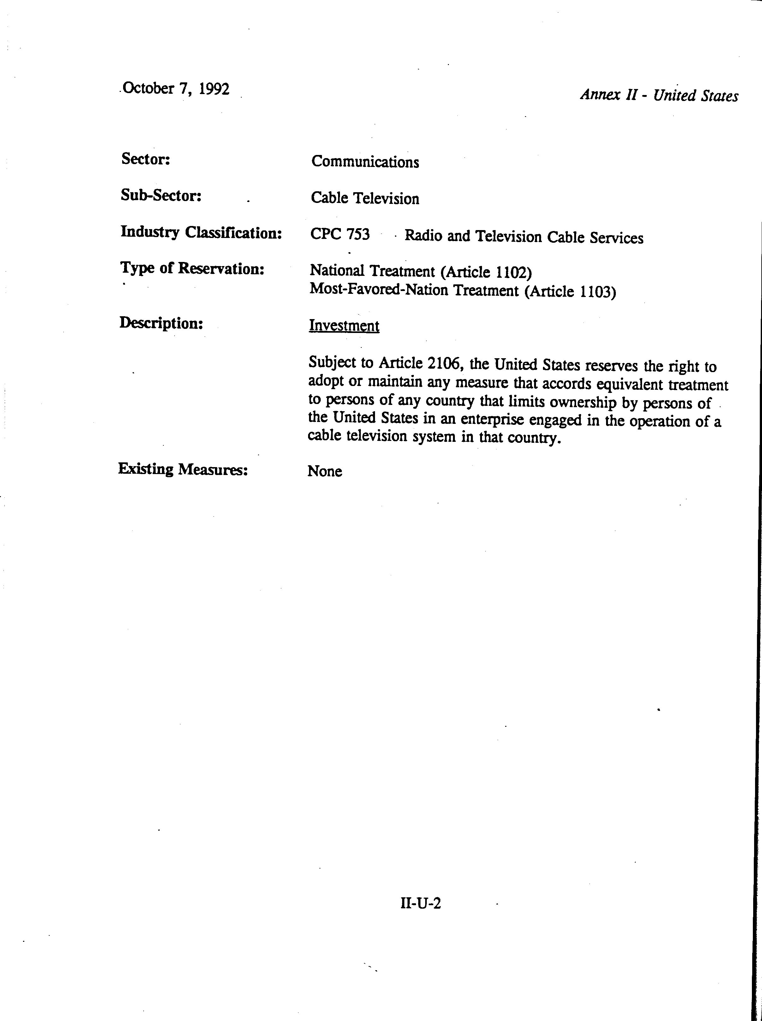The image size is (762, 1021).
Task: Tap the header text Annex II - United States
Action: coord(659,95)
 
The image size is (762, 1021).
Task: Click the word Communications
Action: coord(365,162)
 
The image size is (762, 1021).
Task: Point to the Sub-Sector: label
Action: coord(161,196)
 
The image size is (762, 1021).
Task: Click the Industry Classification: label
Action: coord(201,232)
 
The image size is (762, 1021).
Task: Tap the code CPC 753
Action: coord(340,234)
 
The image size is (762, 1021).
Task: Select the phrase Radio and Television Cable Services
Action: coord(524,237)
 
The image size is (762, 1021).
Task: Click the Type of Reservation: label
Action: coord(192,268)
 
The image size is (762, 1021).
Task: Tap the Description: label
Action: coord(161,323)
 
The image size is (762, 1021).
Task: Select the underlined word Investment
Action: coord(344,326)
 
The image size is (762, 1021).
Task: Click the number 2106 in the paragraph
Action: coord(444,364)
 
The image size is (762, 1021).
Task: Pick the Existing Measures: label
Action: coord(183,469)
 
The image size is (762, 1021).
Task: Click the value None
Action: coord(325,471)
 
